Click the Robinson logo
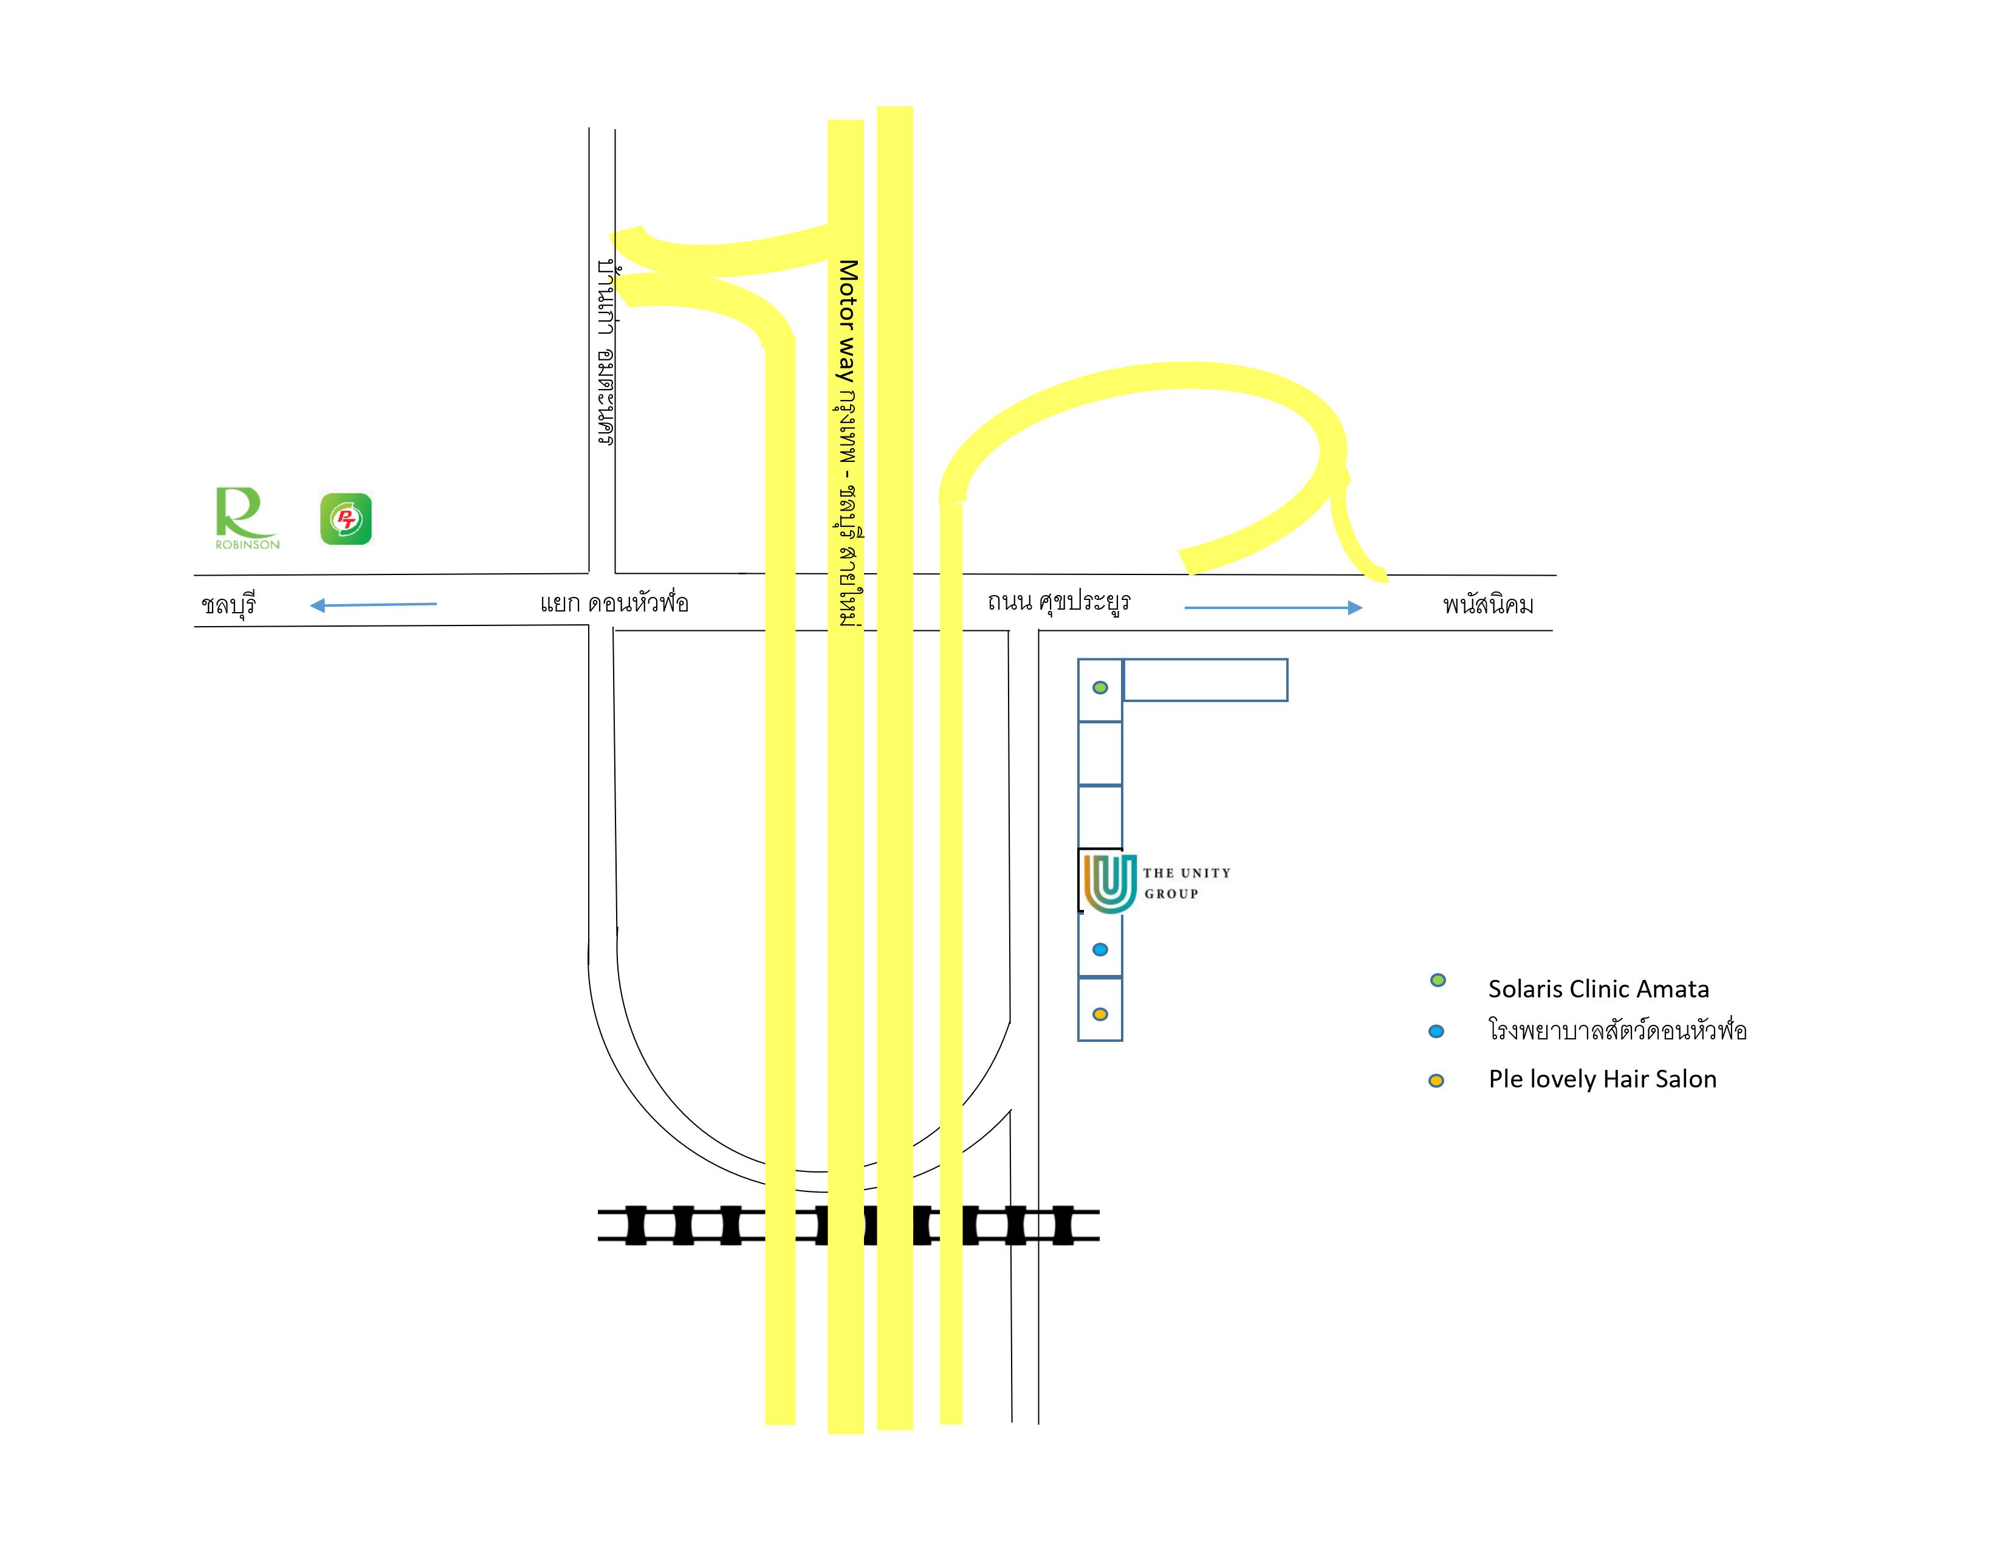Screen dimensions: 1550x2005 click(246, 518)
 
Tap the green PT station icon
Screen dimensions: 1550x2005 click(346, 519)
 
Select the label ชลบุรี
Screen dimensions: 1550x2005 click(228, 604)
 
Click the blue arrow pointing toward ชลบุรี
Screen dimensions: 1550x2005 click(372, 604)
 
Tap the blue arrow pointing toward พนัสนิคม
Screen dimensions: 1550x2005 click(1272, 607)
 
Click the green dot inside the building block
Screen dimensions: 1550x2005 click(1100, 687)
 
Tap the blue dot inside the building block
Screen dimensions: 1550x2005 click(1100, 949)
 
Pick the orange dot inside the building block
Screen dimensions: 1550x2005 click(1100, 1014)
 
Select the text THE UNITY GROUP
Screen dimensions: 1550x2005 click(1186, 883)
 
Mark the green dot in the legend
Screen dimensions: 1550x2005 click(1438, 980)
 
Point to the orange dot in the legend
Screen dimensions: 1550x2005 click(1436, 1081)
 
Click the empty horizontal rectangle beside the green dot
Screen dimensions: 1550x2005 click(1205, 680)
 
